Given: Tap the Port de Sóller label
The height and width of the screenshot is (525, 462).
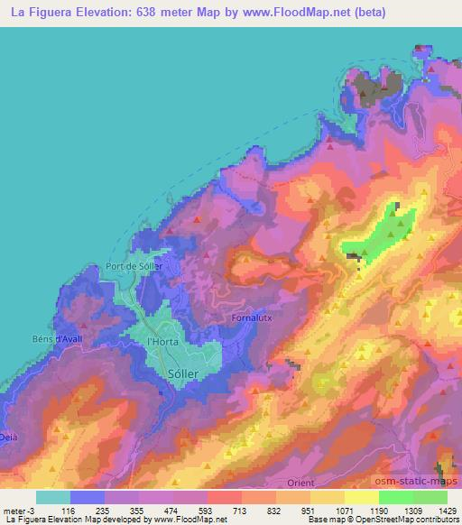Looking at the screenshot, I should click(134, 266).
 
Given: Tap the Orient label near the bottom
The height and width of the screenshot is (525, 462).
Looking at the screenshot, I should click(300, 484).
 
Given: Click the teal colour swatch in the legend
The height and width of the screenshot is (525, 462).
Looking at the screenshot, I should click(53, 497).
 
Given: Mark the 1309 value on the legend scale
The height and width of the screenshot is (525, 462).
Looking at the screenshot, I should click(410, 510).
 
